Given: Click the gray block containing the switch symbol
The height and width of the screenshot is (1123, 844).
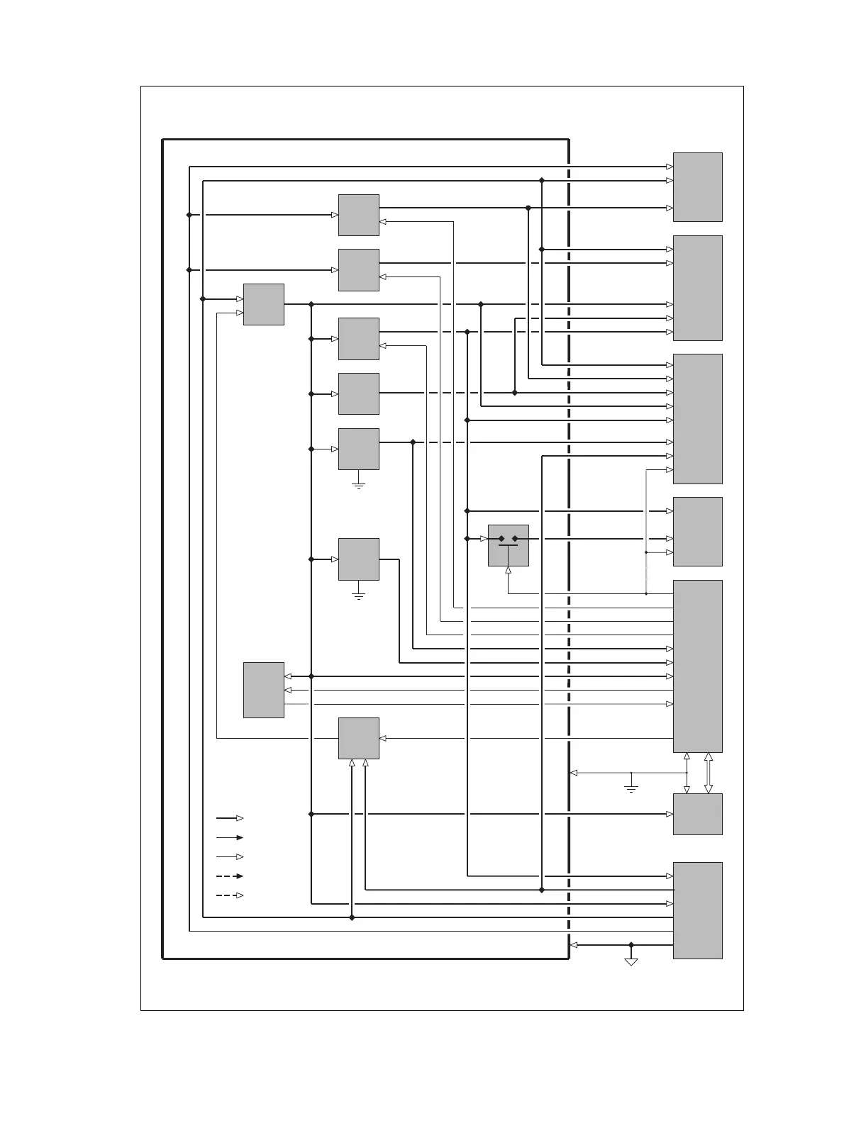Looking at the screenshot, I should coord(509,545).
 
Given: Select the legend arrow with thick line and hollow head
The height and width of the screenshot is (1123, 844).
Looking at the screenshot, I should coord(230,818).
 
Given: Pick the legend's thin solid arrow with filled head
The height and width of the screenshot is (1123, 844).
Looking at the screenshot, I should coord(230,837).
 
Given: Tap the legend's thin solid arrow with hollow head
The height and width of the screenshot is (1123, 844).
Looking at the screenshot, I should coord(230,856).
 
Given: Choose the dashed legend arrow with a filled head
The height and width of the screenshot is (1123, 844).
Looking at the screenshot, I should coord(230,876).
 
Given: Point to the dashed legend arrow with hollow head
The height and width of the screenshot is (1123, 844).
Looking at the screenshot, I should coord(230,895).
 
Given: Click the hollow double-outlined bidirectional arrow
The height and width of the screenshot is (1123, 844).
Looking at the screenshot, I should coord(708,773).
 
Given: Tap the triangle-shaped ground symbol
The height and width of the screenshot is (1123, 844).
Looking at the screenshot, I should coord(631,961).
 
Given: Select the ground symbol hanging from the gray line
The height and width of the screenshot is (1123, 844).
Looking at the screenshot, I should coord(631,787).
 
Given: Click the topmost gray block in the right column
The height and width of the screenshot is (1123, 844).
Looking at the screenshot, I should coord(697,187).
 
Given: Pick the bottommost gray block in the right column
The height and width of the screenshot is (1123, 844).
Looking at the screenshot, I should coord(697,910).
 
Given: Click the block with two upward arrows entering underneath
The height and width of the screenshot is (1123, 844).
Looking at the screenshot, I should coord(358,738).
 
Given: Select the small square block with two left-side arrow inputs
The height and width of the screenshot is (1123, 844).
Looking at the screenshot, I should coord(264,304).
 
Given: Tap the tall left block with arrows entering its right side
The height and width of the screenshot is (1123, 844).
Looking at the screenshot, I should coord(264,690).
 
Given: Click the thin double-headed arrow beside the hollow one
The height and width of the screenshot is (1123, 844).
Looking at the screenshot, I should coord(687,773).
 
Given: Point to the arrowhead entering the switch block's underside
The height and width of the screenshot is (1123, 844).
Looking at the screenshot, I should coord(509,570).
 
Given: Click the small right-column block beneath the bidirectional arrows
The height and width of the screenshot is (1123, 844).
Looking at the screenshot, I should coord(697,814).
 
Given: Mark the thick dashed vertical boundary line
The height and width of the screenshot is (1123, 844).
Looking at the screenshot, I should coord(569,496).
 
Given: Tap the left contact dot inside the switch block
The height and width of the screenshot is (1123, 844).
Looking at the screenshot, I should coord(501,539).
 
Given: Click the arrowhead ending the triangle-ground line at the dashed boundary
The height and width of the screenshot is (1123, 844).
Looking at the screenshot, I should coord(574,945).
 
